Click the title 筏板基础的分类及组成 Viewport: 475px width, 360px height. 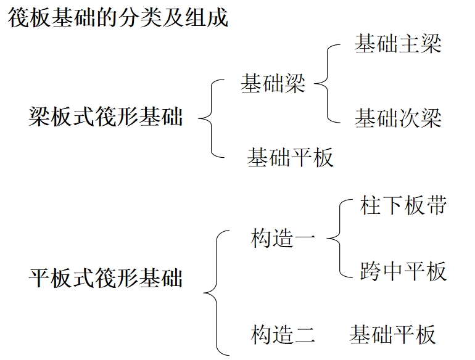coord(118,17)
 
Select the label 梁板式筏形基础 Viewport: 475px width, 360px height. coord(105,116)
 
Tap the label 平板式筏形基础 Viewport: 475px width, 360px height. coord(105,277)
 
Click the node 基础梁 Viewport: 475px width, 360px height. coord(273,83)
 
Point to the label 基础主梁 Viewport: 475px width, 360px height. coord(398,44)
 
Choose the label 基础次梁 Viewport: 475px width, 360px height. coord(398,118)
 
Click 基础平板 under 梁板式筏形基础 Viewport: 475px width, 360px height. coord(290,157)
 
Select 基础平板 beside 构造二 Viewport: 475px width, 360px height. coord(392,335)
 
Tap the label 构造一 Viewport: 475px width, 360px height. coord(283,239)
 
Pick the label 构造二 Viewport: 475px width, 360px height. coord(283,335)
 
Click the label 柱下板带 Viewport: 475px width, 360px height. coord(403,205)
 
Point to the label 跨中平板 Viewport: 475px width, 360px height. coord(403,271)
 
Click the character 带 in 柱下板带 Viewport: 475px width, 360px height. coord(436,205)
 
